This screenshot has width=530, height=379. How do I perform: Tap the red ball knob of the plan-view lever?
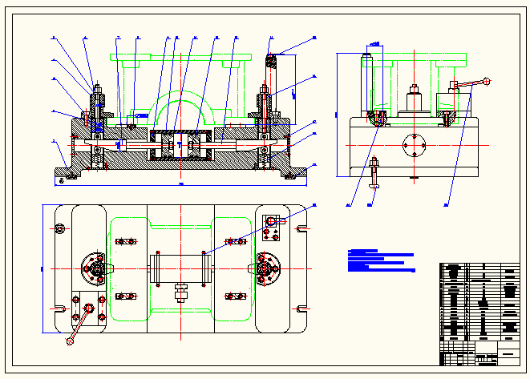pyautogui.click(x=71, y=342)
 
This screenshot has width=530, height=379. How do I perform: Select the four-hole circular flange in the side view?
pyautogui.click(x=414, y=147)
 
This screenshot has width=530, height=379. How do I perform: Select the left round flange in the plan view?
pyautogui.click(x=95, y=268)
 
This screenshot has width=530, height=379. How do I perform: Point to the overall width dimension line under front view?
pyautogui.click(x=181, y=185)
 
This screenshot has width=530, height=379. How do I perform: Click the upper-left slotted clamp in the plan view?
pyautogui.click(x=123, y=241)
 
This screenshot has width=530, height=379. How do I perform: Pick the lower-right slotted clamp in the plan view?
pyautogui.click(x=236, y=297)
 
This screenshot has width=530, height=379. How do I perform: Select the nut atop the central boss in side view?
pyautogui.click(x=414, y=89)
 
